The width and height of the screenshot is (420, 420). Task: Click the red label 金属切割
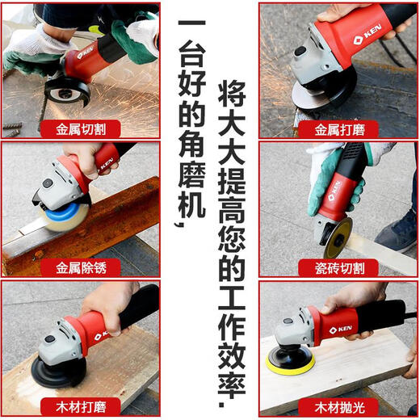[87, 128]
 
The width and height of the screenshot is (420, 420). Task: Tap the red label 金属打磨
[338, 128]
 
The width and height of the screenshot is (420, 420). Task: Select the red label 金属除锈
[87, 267]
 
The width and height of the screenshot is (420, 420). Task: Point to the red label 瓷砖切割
[338, 267]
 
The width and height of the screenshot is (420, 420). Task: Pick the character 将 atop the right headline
[231, 94]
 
